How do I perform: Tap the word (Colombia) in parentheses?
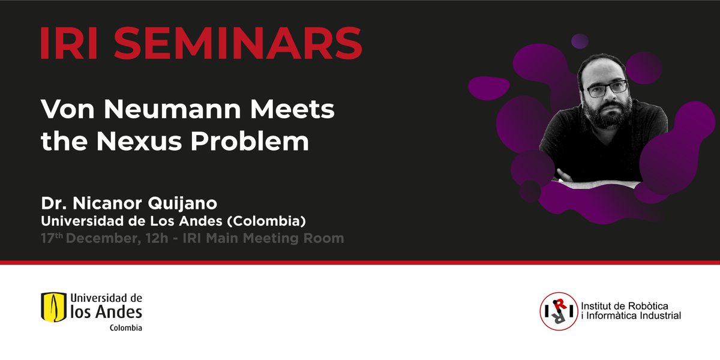click(x=268, y=221)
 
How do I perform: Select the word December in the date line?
click(x=103, y=238)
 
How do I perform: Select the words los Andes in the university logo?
click(x=106, y=311)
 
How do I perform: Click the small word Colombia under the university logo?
click(x=125, y=328)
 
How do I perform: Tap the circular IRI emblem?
click(x=559, y=310)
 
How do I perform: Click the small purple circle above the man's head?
click(x=580, y=41)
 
